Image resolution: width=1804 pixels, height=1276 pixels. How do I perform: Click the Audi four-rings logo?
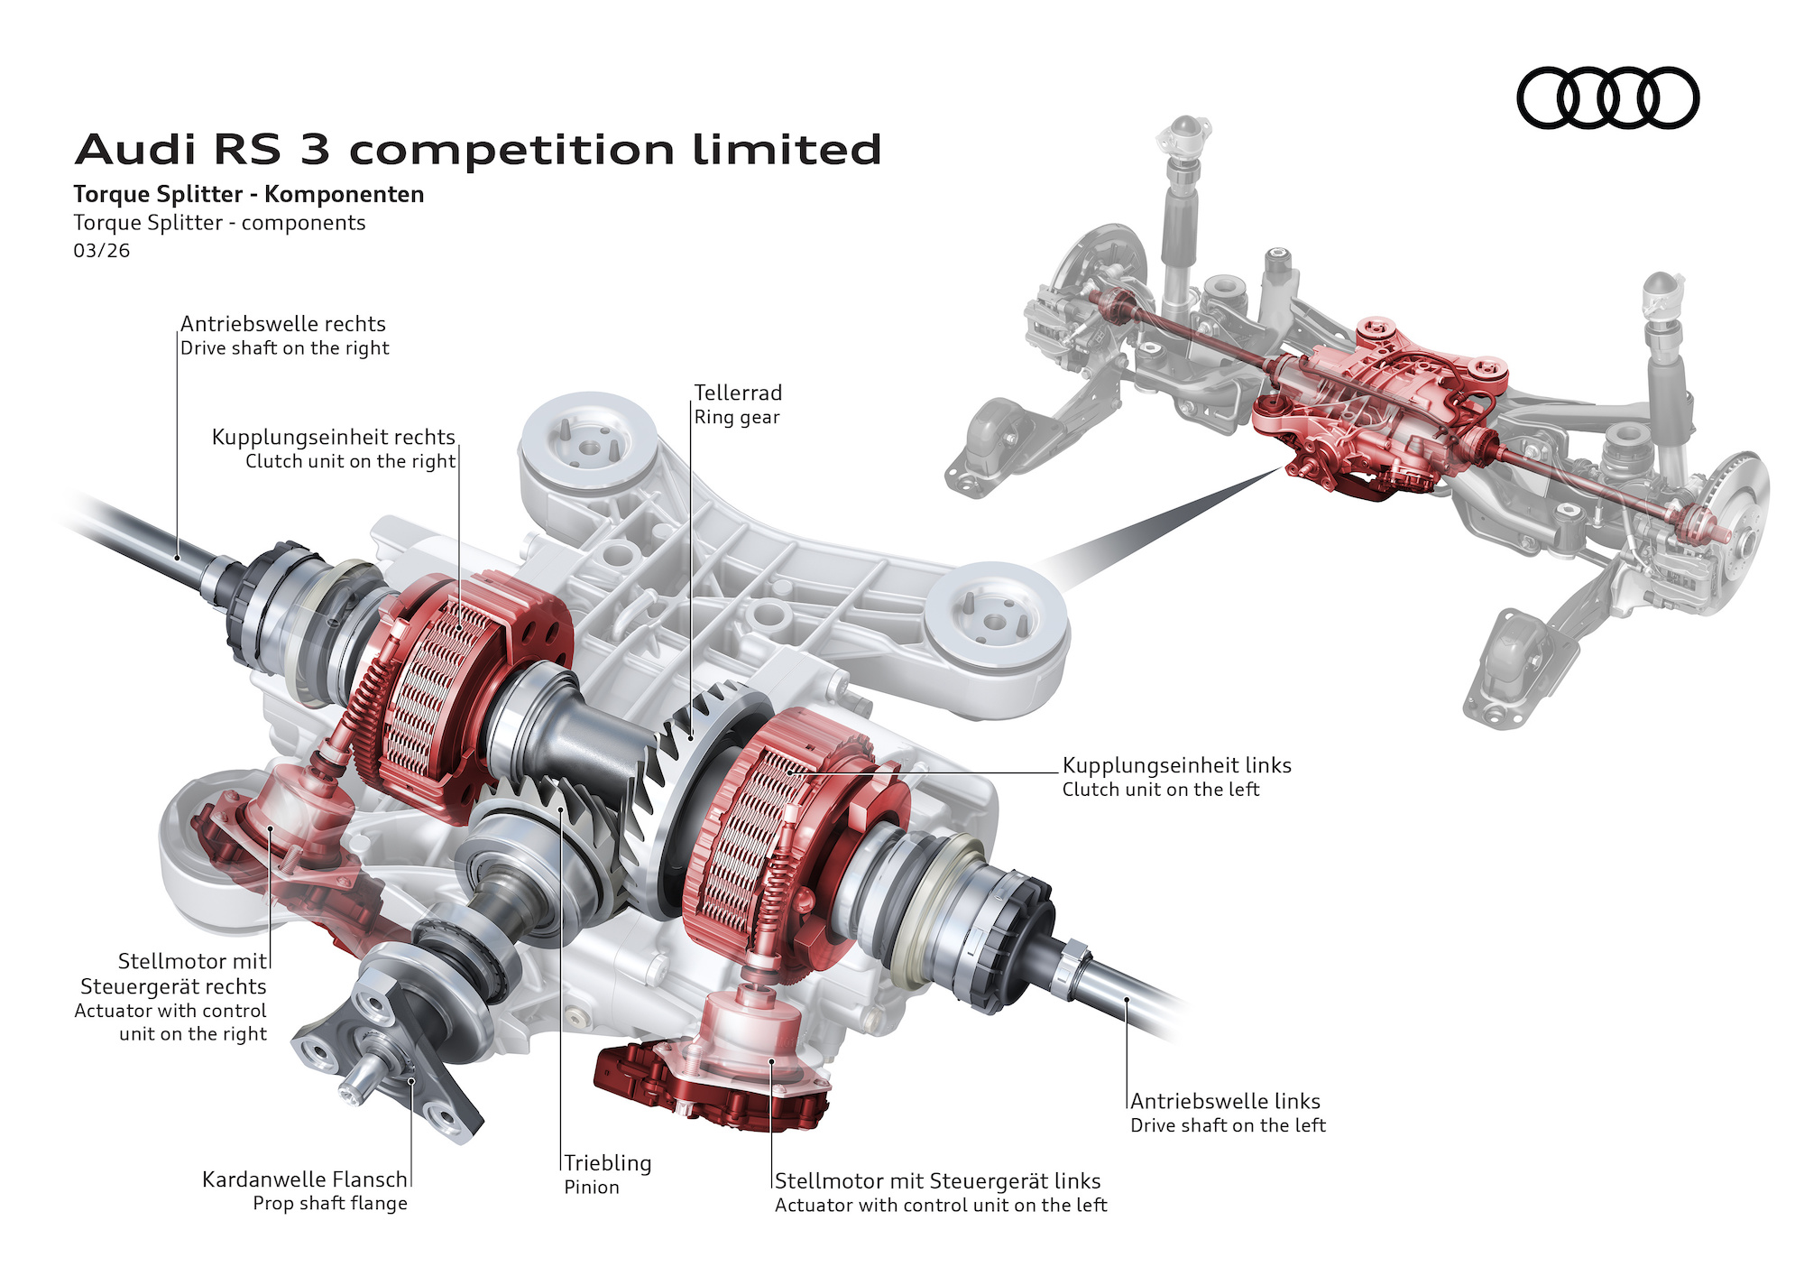click(x=1607, y=97)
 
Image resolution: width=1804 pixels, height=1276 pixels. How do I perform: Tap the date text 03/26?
click(x=101, y=251)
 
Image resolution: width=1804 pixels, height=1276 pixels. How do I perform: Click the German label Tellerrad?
click(x=738, y=393)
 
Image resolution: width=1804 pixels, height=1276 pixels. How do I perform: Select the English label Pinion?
click(x=592, y=1188)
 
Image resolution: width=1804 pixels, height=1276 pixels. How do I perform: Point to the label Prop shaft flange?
click(x=330, y=1204)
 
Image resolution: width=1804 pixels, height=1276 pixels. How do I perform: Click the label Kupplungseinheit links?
click(x=1176, y=765)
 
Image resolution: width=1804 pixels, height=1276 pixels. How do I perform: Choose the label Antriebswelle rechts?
click(x=283, y=324)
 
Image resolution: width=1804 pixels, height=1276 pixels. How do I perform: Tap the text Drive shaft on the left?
click(x=1228, y=1125)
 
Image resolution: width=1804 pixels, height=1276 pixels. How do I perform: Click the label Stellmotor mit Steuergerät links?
click(x=937, y=1181)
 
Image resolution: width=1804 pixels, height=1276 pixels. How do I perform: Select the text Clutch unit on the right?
click(x=350, y=461)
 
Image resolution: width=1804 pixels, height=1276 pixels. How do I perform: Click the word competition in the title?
click(x=511, y=150)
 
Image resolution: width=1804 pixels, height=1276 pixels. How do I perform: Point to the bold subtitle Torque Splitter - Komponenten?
click(x=248, y=194)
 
